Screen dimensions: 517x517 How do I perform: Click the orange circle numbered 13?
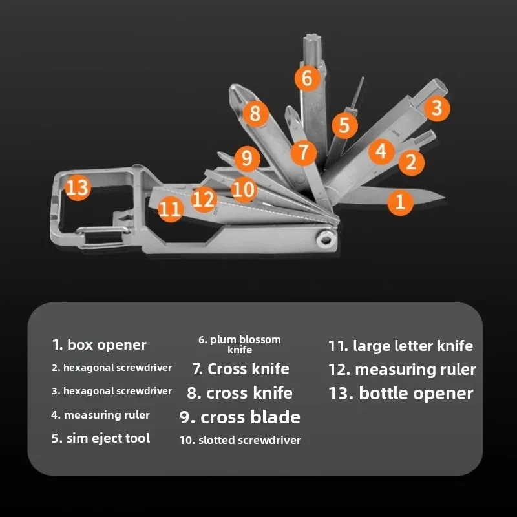78,187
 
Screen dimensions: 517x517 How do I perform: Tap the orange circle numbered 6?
308,78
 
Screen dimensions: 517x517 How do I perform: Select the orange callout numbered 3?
437,108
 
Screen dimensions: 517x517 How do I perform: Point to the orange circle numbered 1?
400,202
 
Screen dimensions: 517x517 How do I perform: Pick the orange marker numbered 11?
171,209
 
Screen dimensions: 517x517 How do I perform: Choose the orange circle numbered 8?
255,114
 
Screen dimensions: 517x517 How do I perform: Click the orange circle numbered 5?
344,125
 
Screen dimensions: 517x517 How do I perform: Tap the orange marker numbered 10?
244,189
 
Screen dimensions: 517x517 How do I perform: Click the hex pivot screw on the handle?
326,240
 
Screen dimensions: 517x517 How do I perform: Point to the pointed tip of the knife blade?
445,198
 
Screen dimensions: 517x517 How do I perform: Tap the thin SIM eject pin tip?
363,78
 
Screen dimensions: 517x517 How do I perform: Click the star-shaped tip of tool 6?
312,41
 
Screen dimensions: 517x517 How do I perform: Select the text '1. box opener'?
100,345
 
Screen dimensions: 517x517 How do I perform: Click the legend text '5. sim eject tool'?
101,438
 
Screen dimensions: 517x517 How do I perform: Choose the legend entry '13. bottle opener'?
401,394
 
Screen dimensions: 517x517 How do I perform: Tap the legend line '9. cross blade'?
240,417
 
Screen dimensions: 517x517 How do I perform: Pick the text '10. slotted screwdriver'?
240,440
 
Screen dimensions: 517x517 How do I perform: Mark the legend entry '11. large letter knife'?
401,346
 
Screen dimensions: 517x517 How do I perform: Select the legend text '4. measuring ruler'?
101,415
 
